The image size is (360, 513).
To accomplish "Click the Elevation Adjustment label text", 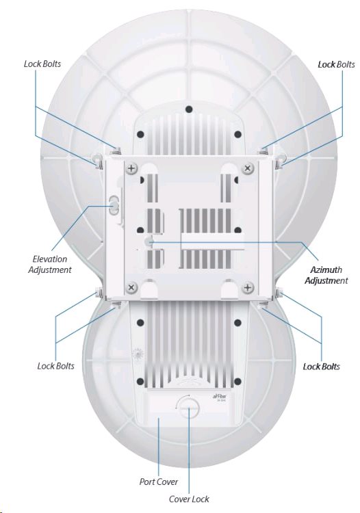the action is coord(50,264).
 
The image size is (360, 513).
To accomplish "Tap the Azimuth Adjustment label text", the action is coord(326,275).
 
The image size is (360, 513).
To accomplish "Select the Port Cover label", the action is coord(159,482).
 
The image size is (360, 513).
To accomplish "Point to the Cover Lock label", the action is coord(189,499).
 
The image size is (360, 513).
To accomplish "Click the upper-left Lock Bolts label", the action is coord(42,64).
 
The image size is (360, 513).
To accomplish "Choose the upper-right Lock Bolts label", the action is coord(337,64).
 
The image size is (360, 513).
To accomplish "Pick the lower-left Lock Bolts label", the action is coord(56,366).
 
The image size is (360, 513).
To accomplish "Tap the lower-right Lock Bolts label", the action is coord(322,367).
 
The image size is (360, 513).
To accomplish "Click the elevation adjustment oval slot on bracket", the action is coord(114,205).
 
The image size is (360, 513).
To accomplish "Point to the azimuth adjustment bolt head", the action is coord(149,241).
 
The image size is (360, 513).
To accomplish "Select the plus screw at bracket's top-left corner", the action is coord(132,169).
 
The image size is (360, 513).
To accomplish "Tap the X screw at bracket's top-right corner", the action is coord(248,169).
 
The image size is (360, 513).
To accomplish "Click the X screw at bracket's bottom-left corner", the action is coord(131,287).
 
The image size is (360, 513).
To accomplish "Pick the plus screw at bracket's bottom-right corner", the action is coord(248,287).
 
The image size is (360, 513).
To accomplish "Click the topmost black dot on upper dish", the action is coord(188,109).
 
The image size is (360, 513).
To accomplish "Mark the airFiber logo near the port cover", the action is coord(220,397).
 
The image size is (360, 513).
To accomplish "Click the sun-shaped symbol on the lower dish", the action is coord(138,354).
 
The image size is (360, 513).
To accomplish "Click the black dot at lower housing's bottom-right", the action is coord(238,382).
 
